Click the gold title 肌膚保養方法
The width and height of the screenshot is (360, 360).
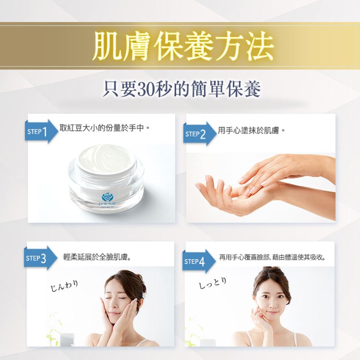tap(183, 47)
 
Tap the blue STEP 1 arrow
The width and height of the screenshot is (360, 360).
tap(41, 132)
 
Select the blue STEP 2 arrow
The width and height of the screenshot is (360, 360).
tap(200, 134)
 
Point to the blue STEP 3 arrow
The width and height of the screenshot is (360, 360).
tap(40, 258)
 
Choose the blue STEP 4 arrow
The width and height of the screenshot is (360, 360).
tap(199, 261)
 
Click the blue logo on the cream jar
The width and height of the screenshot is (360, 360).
tap(108, 197)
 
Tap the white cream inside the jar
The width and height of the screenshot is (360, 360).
tap(106, 156)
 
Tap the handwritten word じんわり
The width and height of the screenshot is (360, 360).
tap(64, 286)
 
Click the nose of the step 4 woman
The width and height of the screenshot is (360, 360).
tap(272, 304)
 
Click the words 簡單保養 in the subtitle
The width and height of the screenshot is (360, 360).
tap(226, 89)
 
